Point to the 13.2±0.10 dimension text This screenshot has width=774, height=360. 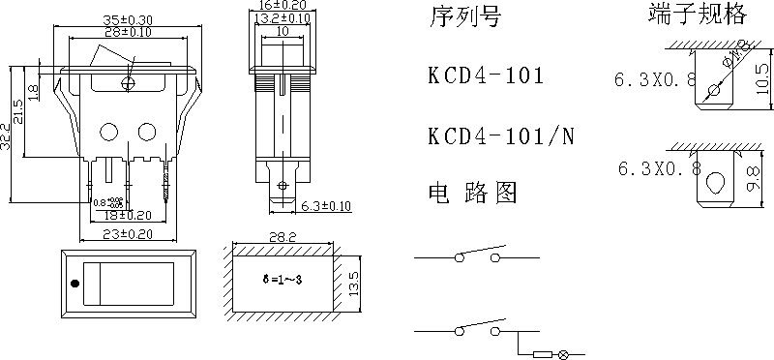tap(283, 17)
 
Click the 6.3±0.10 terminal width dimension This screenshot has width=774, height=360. tap(325, 206)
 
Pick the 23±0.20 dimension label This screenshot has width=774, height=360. tap(126, 234)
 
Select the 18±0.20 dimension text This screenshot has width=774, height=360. tap(128, 216)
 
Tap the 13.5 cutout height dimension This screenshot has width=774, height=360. tap(353, 283)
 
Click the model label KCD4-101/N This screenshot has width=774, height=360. tap(500, 135)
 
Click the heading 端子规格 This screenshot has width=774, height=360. tap(684, 15)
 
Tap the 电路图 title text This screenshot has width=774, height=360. tap(472, 192)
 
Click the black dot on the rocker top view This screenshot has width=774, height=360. tap(74, 285)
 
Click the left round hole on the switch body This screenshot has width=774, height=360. tap(109, 131)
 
